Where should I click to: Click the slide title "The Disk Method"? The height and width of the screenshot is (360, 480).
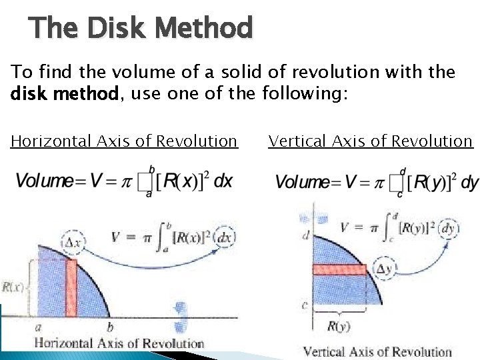click(x=141, y=28)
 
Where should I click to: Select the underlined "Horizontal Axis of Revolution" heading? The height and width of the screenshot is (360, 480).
click(x=124, y=141)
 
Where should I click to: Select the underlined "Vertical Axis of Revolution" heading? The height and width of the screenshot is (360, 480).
click(x=370, y=141)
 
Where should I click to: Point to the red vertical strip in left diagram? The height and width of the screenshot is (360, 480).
click(x=71, y=287)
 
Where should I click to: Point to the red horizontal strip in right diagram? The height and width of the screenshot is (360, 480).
click(x=339, y=270)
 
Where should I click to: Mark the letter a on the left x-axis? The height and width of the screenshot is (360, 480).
click(x=37, y=327)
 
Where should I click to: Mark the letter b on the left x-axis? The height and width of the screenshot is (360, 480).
click(x=110, y=327)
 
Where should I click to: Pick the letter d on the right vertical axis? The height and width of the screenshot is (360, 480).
click(x=306, y=235)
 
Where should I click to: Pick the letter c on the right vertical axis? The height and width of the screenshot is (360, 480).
click(x=304, y=306)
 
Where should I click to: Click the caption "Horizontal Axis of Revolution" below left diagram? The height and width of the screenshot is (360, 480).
click(x=119, y=344)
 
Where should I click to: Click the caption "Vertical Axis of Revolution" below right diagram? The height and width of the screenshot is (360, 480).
click(x=377, y=352)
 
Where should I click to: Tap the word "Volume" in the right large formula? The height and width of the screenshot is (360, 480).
click(x=303, y=182)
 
